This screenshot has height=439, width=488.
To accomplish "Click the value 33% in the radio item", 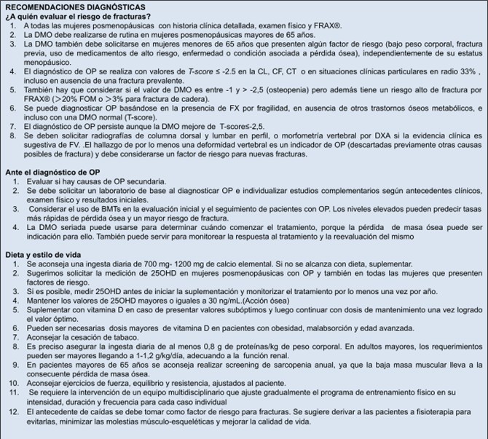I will tap(449, 72).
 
